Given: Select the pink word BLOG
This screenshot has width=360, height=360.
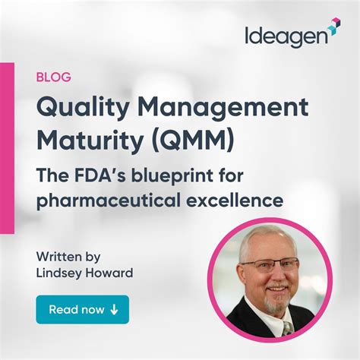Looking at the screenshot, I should (53, 76).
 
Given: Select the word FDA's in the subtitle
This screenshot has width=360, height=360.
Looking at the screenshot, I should (103, 177).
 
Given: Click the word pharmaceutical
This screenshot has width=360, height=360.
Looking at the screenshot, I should (103, 201).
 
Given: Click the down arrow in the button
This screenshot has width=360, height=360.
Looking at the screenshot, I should (114, 310).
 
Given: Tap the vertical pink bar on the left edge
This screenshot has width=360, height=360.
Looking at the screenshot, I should (7, 148).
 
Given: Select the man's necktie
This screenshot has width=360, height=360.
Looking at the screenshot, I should (287, 327).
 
